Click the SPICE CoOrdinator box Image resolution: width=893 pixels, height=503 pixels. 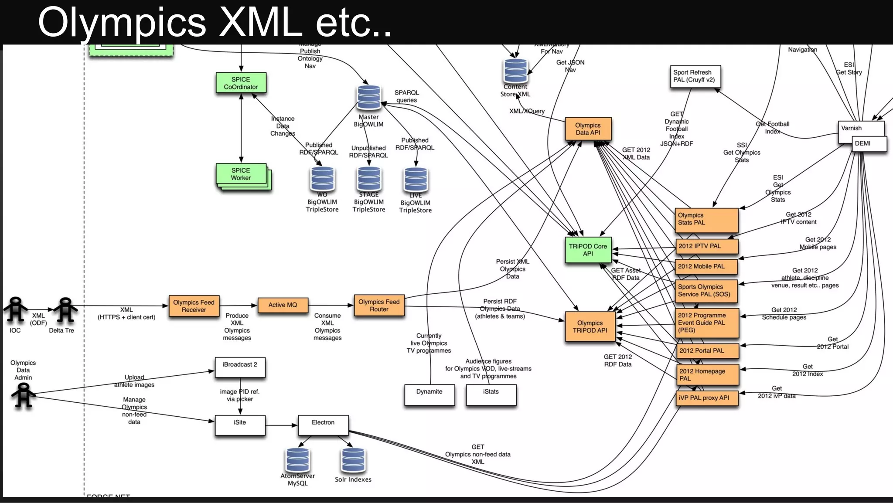(241, 83)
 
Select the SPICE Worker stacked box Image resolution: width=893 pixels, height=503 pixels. (241, 174)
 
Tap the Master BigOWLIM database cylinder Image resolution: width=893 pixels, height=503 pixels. (369, 97)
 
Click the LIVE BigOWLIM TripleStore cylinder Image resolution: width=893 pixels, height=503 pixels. (416, 179)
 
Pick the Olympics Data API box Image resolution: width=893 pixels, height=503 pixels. (588, 129)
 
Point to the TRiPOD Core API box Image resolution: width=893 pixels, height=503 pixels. (588, 250)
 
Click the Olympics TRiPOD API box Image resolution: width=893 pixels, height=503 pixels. (590, 326)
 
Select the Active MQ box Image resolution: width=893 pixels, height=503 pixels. (283, 305)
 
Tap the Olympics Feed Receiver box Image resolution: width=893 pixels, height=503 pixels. (194, 306)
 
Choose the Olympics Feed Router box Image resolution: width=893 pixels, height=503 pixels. (379, 306)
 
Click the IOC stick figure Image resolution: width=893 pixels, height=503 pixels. (16, 310)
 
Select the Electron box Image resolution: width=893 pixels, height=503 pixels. (323, 425)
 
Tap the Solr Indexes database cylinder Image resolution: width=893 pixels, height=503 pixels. (353, 460)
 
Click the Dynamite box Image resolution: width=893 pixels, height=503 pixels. (429, 394)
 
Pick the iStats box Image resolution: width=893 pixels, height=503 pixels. (491, 394)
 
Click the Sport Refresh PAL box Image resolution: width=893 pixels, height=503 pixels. (695, 76)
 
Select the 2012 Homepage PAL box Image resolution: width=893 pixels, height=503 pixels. (707, 375)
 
